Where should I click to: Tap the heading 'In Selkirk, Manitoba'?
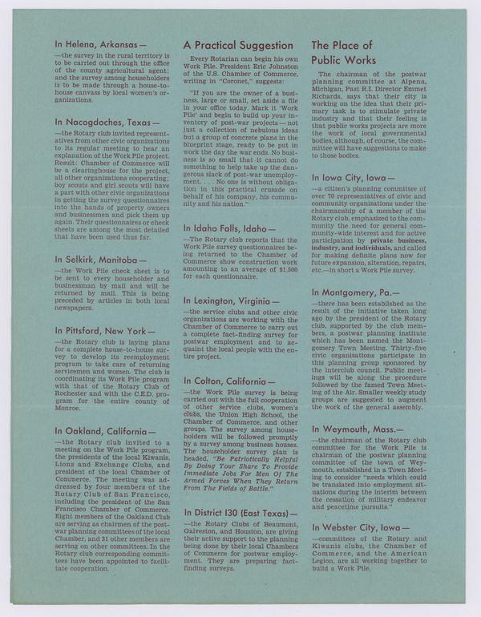[x=100, y=260]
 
